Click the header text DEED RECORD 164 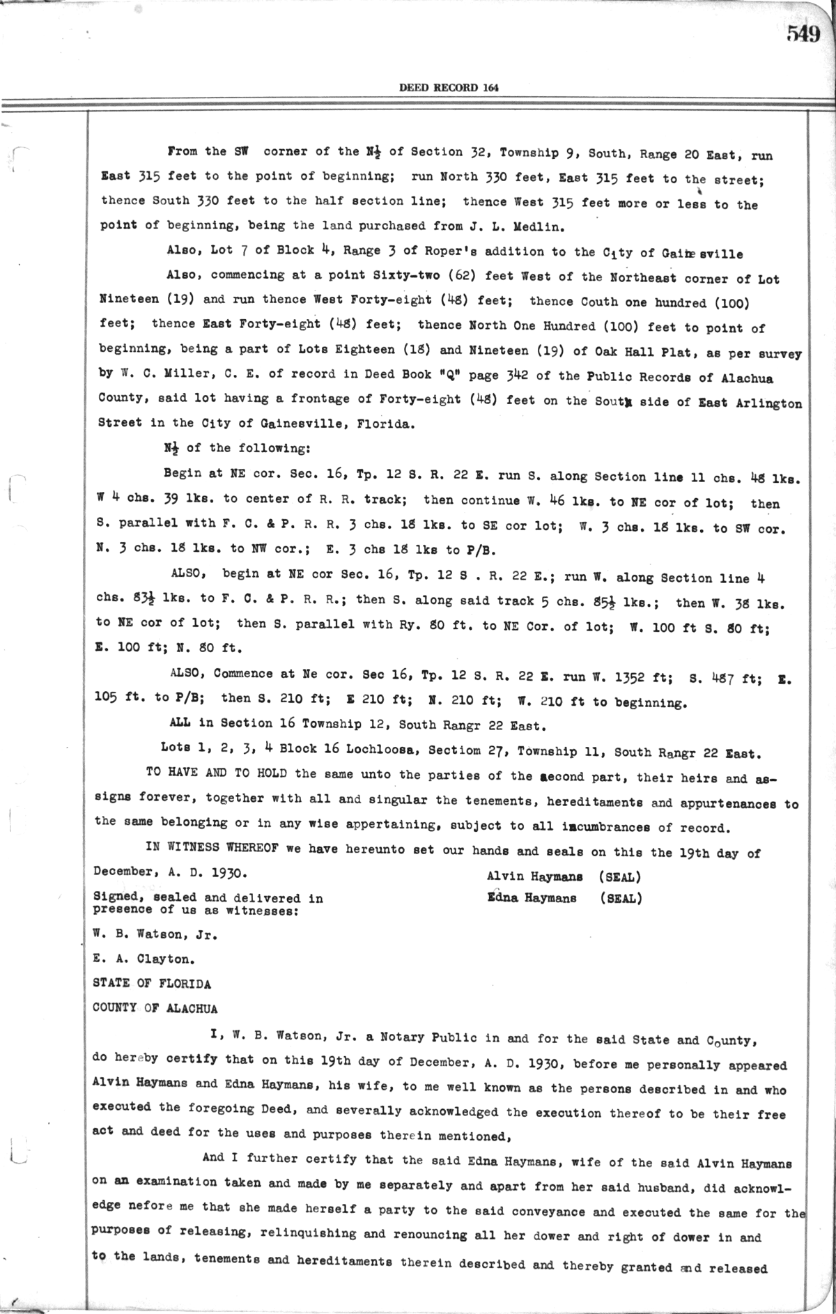coord(449,88)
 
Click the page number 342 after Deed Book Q coord(517,376)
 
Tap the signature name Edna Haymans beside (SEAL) coord(532,898)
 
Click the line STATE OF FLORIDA coord(151,984)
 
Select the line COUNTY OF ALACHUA coord(155,1008)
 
